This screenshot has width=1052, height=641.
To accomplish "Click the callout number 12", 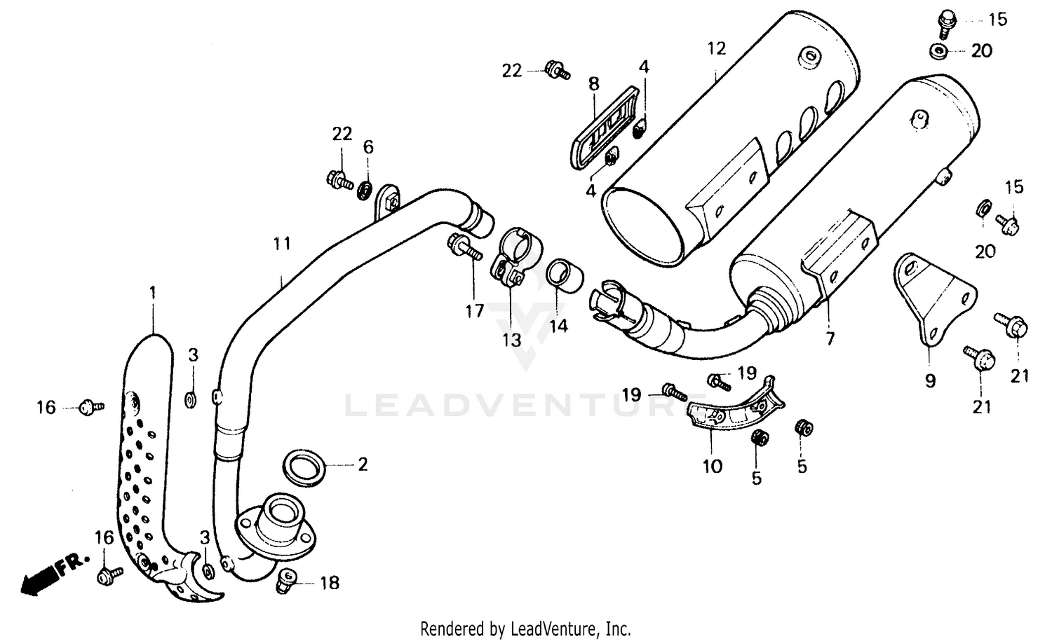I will click(716, 49).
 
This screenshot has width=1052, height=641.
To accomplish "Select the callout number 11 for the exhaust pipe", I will click(281, 244).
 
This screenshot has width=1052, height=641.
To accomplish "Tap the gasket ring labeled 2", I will click(304, 467).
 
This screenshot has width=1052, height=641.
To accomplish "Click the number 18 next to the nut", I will click(329, 583).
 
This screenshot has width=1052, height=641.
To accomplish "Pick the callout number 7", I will click(830, 339).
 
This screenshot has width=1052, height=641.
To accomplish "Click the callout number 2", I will click(362, 464).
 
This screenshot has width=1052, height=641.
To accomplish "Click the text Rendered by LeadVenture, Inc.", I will click(525, 628).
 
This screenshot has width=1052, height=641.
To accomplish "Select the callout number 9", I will click(929, 381).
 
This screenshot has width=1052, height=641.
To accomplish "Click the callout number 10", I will click(712, 466).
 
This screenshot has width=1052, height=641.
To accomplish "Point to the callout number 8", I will click(593, 84).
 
